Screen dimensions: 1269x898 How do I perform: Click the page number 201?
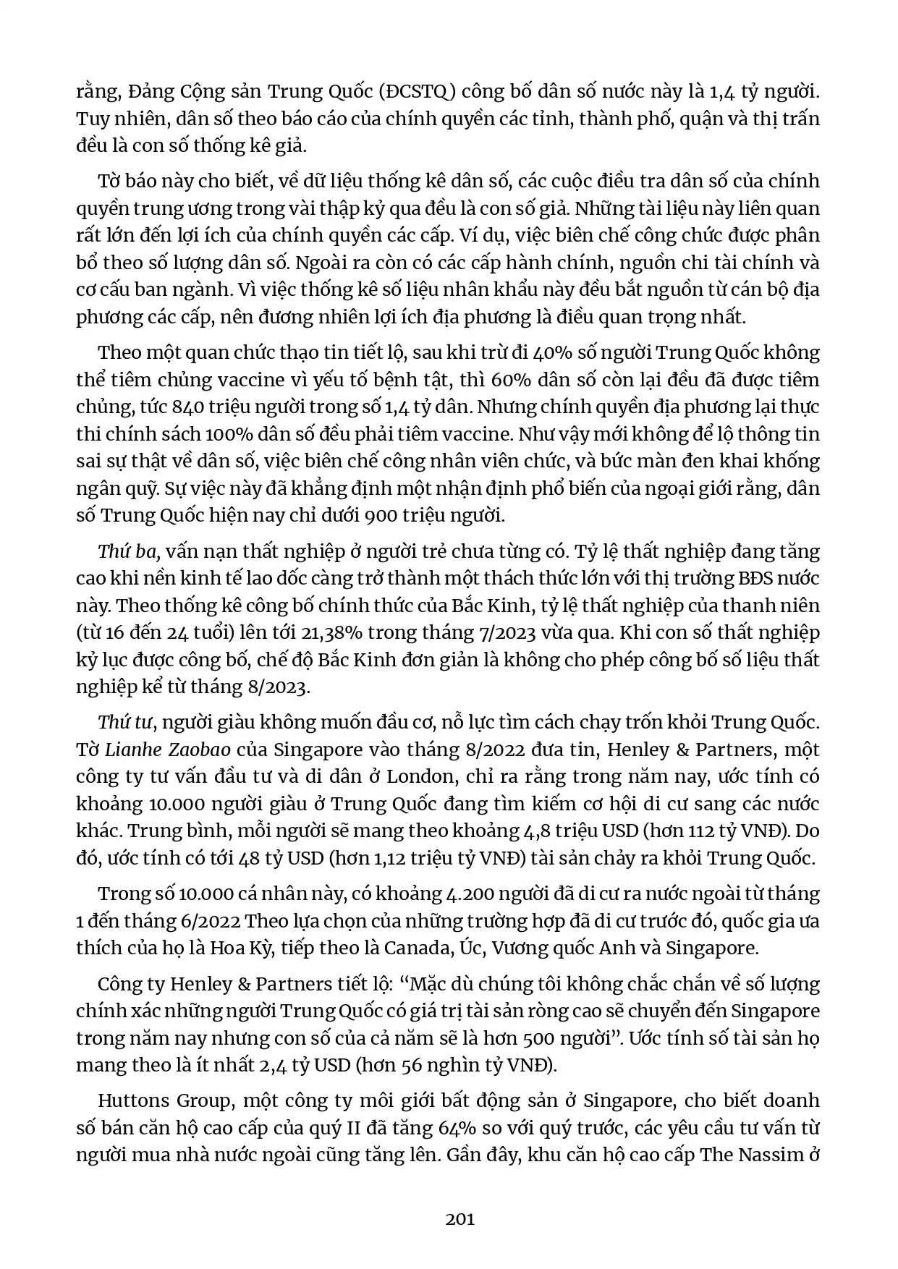[x=459, y=1219]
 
